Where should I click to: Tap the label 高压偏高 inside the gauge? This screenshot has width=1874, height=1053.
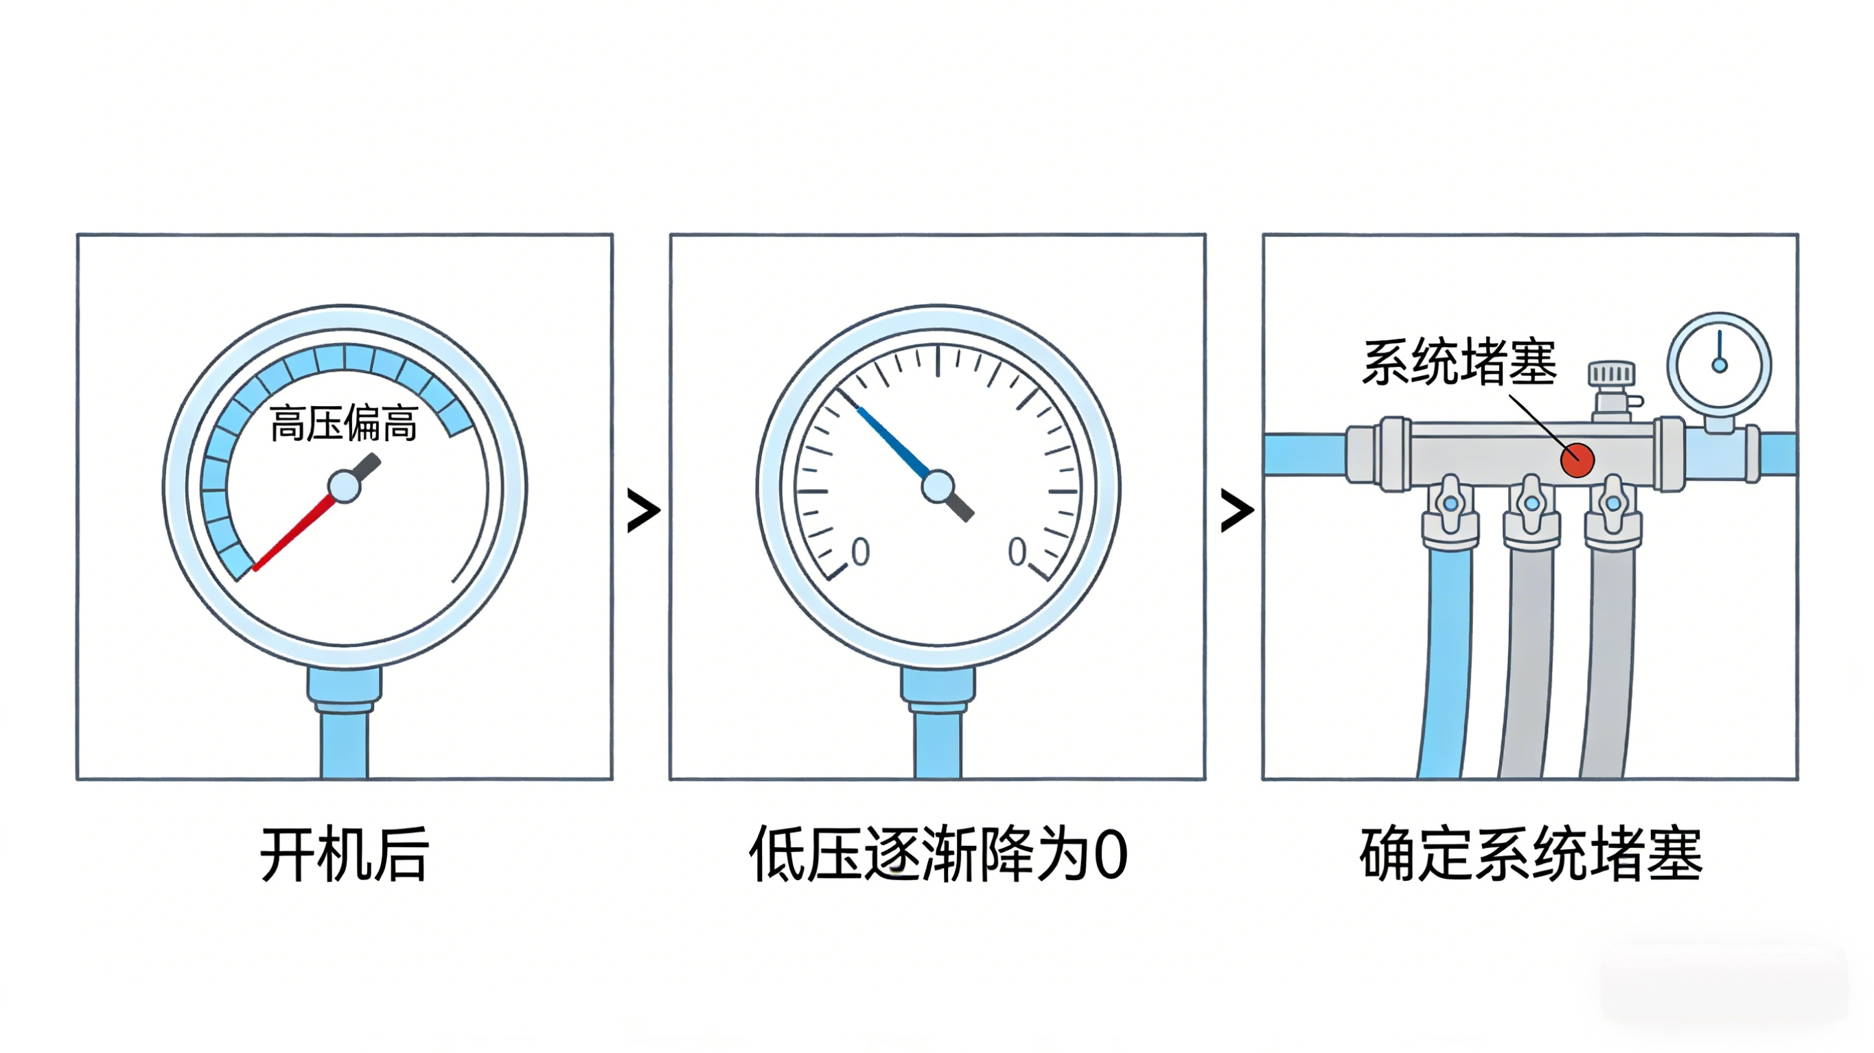343,423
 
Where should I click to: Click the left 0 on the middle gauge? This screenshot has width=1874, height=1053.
860,552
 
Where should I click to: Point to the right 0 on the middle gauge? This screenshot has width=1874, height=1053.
1017,552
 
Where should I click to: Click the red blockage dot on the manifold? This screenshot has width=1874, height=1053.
1577,460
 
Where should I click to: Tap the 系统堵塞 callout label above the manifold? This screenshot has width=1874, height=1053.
1459,362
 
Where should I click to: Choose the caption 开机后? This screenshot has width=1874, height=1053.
344,855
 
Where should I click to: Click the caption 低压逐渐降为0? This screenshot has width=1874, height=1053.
938,855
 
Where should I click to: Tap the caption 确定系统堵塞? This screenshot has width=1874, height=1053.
1531,855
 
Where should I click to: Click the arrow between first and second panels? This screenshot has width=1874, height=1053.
643,510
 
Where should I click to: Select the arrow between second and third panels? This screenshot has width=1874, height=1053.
1237,510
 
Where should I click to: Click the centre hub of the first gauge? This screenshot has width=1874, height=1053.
344,486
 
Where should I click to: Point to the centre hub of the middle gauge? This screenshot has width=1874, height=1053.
938,486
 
